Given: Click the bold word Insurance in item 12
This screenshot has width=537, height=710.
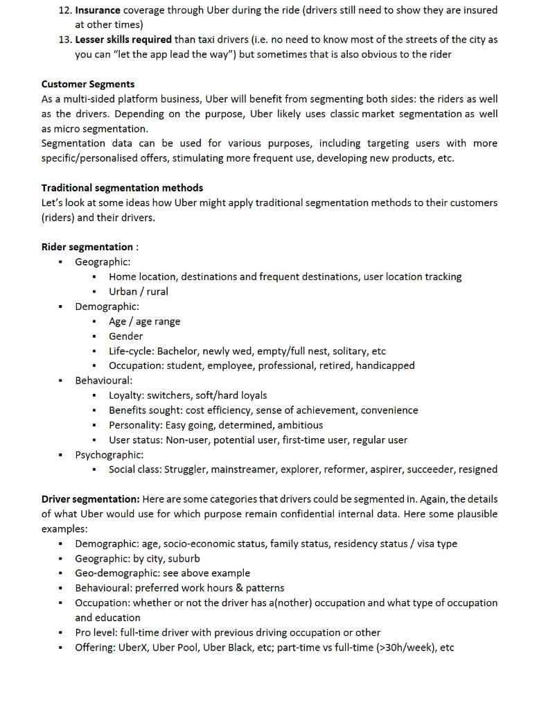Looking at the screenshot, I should tap(98, 10).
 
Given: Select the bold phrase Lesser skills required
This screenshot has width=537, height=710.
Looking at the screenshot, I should tap(123, 40).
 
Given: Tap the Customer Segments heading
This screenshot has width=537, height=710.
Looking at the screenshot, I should tap(88, 84).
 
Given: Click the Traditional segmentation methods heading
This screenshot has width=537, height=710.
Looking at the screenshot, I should tap(122, 188).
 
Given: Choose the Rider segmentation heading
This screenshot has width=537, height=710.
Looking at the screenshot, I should tap(87, 247).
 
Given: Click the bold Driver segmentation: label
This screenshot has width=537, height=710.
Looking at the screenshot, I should tap(91, 499).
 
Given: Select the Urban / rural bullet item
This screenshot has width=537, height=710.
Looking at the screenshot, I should tap(138, 291).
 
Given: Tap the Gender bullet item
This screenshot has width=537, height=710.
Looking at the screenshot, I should tap(125, 336).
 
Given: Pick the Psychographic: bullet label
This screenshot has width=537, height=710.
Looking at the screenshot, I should tap(109, 455).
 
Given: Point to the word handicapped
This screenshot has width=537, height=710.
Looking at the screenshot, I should tap(385, 365).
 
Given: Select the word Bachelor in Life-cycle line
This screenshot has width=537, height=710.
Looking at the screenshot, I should tap(178, 351).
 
